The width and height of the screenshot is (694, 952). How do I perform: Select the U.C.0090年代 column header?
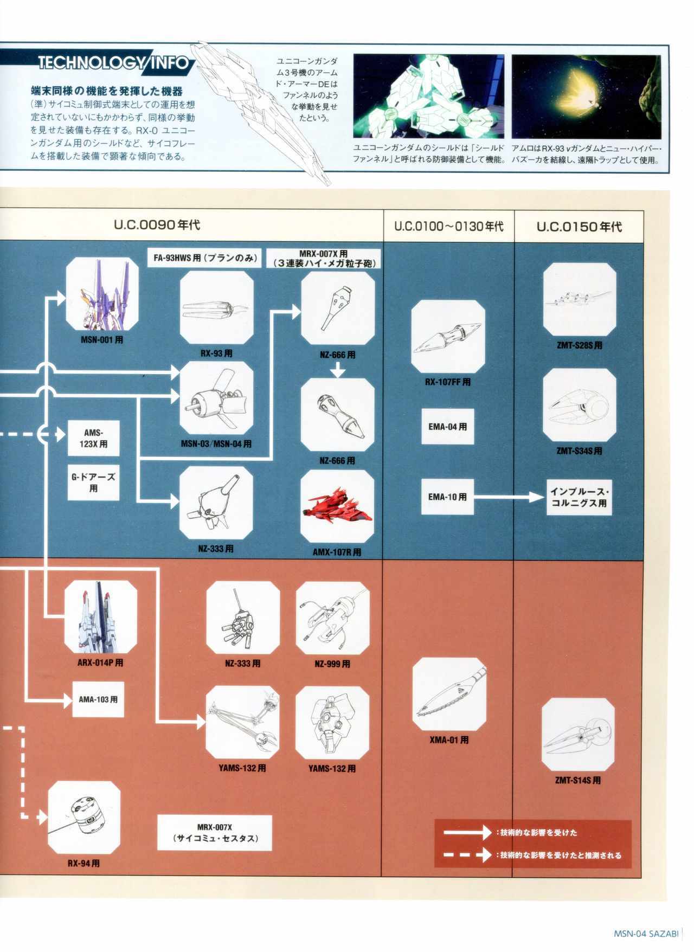[157, 224]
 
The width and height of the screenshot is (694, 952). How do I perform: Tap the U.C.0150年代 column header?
[579, 227]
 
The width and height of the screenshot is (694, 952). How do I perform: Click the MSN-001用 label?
[102, 340]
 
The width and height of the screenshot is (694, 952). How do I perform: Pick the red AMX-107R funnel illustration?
[337, 507]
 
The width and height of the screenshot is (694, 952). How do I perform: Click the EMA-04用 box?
[447, 427]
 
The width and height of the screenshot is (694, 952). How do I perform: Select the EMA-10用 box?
[447, 497]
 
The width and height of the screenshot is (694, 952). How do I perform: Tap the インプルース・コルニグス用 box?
[579, 497]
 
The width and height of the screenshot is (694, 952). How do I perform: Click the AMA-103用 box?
[98, 699]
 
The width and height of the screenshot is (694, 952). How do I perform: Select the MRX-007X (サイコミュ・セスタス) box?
[215, 833]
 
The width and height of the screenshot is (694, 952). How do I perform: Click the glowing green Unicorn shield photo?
[428, 97]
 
